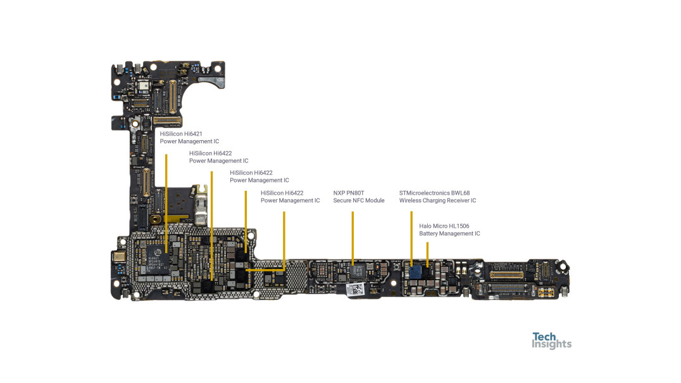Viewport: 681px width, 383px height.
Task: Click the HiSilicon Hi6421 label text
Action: click(x=180, y=134)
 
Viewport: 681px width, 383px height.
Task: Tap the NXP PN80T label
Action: click(x=349, y=193)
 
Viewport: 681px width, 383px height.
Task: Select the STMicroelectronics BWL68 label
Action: click(x=434, y=193)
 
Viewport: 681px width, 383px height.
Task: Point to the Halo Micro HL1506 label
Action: click(x=444, y=226)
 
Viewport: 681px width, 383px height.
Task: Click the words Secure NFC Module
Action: click(x=358, y=200)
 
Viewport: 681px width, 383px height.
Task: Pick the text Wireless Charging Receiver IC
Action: click(x=437, y=200)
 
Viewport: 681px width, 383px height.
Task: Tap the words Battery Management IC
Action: click(x=449, y=233)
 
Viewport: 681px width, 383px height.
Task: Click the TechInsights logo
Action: click(x=551, y=341)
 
